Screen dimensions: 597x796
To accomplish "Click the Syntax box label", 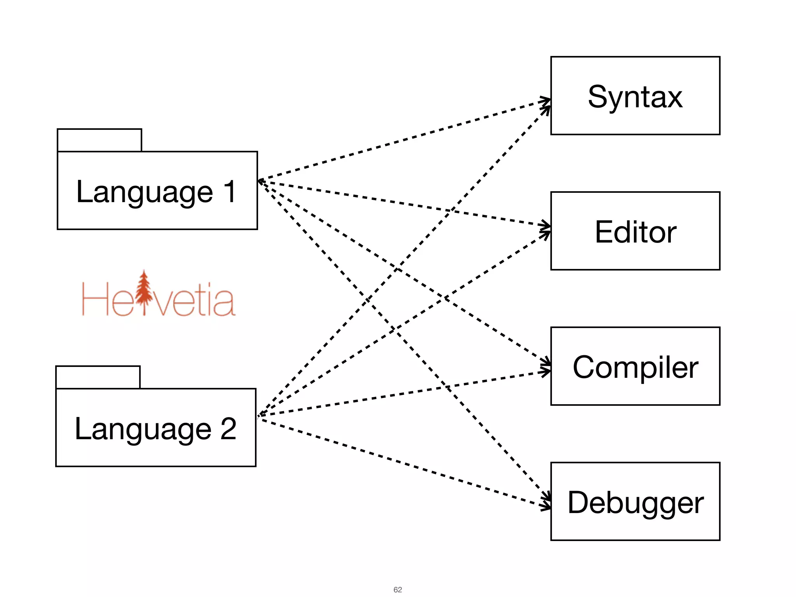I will (635, 97).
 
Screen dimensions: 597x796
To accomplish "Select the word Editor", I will (635, 232).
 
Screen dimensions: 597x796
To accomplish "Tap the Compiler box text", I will (635, 367).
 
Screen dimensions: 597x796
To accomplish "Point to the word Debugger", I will (635, 503).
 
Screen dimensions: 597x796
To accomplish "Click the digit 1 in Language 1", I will (230, 191).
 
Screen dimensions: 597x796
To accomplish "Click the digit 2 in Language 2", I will (228, 429).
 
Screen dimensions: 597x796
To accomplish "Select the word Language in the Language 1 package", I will (145, 192).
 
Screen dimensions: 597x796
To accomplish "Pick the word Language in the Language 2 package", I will (143, 429).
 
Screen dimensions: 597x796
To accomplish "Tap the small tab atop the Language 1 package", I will (99, 140).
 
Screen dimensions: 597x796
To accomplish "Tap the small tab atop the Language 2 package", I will (98, 377).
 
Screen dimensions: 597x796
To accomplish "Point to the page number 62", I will (398, 590).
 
